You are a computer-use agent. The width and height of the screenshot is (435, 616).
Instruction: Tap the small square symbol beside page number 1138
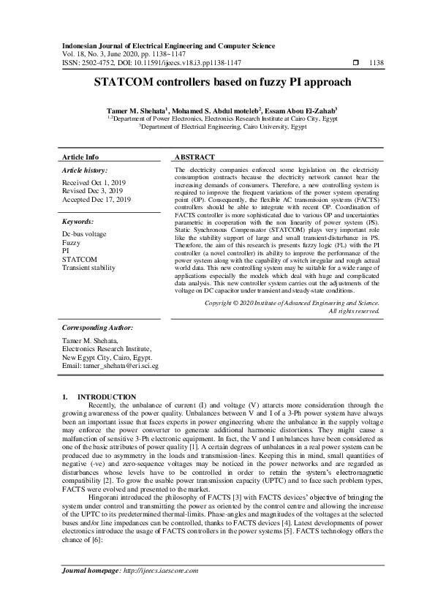(x=356, y=63)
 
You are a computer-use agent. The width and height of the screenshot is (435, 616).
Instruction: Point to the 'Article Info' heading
(x=80, y=157)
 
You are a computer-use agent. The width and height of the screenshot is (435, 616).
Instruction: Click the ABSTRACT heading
(x=195, y=157)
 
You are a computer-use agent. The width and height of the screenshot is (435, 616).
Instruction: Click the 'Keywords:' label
(x=78, y=221)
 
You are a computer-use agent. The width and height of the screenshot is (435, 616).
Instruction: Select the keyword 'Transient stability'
(x=89, y=268)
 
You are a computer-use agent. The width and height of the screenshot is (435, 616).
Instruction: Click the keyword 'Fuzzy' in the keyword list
(x=72, y=241)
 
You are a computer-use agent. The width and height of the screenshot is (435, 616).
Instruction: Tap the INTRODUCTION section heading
(x=107, y=396)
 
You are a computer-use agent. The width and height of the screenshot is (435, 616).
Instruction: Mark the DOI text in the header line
(x=171, y=63)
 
